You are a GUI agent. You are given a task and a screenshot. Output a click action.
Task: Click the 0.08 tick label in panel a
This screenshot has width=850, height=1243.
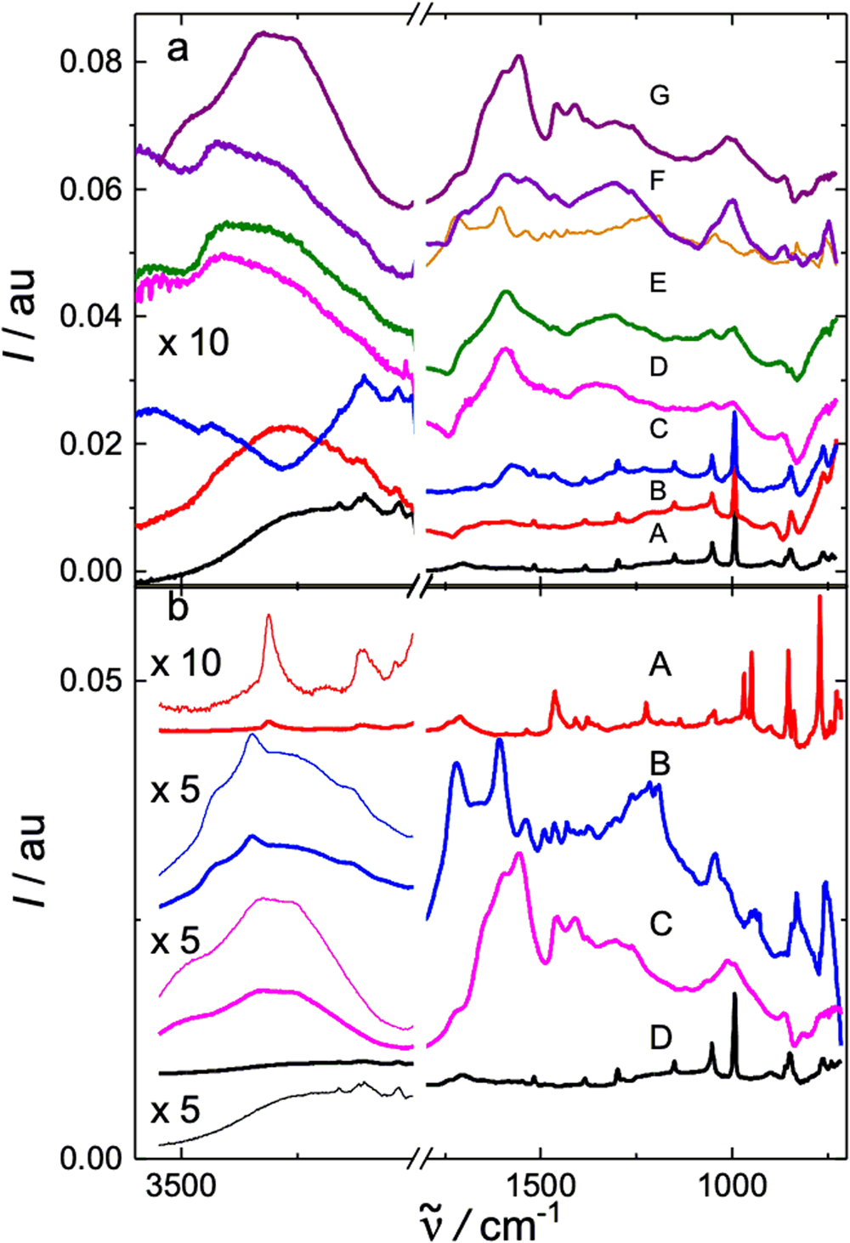[x=91, y=62]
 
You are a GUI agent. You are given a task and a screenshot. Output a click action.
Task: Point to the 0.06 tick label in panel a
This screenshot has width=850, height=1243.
[x=91, y=189]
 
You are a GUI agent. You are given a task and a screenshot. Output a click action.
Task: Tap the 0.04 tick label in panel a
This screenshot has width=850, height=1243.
[x=91, y=316]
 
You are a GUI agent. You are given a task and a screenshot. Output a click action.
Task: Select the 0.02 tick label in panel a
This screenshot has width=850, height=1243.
[x=91, y=444]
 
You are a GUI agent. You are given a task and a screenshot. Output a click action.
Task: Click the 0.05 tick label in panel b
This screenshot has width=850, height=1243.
[x=91, y=681]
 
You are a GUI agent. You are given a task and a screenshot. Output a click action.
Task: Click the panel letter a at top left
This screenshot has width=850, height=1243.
[x=177, y=48]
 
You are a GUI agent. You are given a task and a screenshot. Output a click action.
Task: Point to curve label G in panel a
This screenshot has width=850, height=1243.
[x=660, y=95]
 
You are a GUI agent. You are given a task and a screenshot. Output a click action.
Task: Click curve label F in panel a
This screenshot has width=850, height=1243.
[x=656, y=181]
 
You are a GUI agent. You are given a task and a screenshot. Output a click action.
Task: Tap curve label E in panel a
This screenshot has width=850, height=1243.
[x=658, y=282]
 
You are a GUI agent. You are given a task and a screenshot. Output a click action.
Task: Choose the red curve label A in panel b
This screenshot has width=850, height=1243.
[x=660, y=663]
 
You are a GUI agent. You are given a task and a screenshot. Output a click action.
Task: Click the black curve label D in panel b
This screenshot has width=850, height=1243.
[x=660, y=1037]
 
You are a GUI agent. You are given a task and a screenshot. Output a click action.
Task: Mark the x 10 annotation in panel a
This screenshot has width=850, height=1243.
[x=193, y=343]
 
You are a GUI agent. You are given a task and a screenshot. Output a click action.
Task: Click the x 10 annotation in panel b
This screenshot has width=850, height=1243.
[x=185, y=662]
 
